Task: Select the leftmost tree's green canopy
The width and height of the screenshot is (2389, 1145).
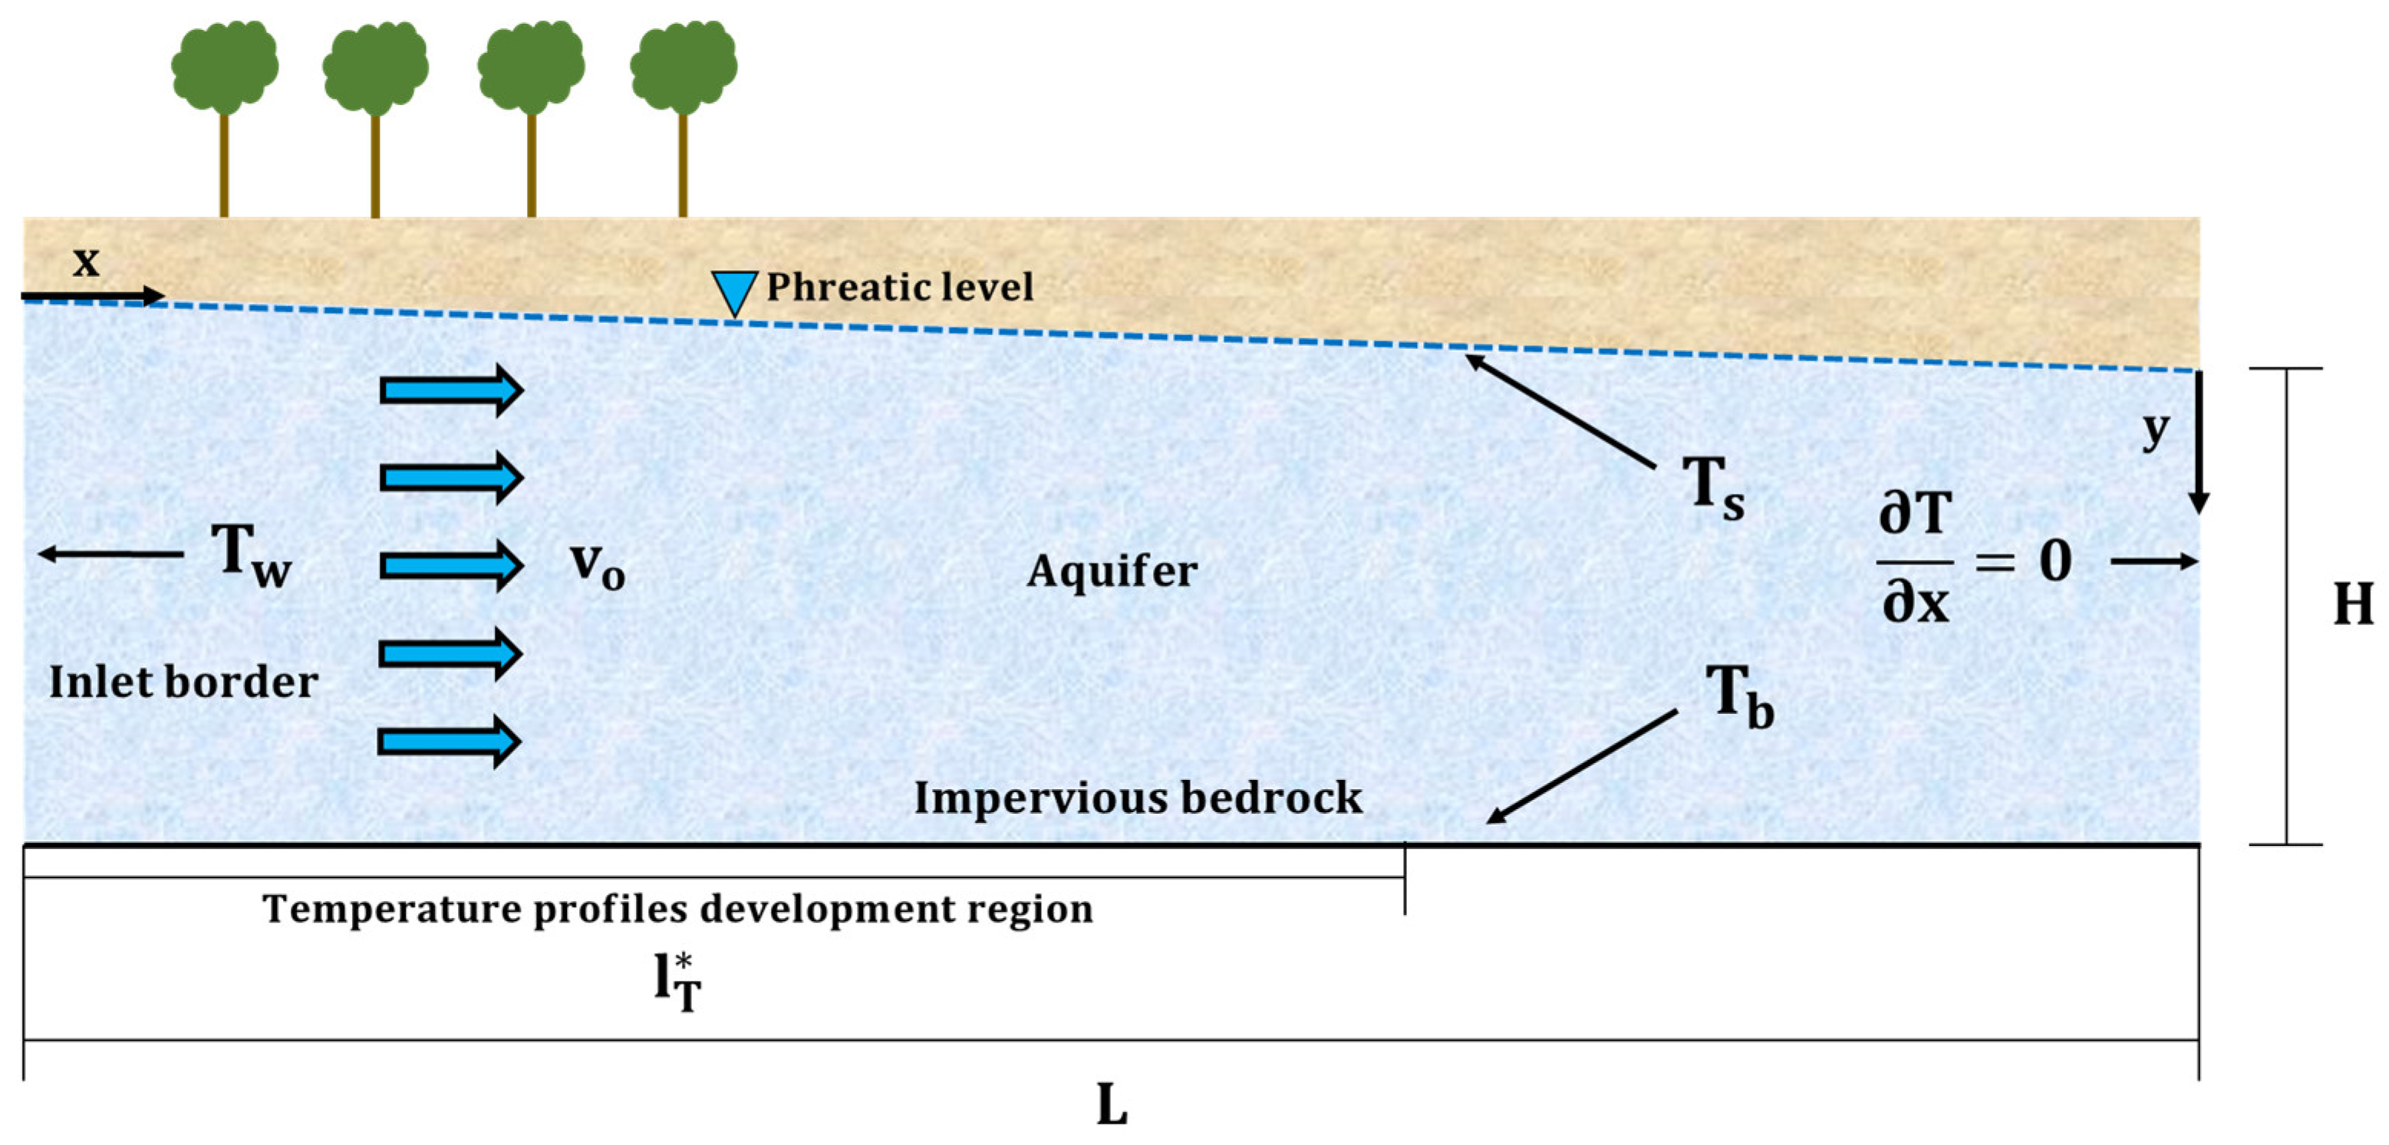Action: coord(225,66)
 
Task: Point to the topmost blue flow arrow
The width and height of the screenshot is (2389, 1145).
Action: coord(452,390)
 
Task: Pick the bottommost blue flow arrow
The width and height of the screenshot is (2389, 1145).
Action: coord(450,741)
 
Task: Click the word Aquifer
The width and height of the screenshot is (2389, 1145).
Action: coord(1111,570)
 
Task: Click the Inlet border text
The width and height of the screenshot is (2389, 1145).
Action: coord(183,682)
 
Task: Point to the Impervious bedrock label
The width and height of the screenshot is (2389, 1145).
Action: coord(1138,798)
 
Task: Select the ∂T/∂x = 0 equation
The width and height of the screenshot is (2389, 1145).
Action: coord(1973,559)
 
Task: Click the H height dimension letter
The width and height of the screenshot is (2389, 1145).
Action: coord(2352,604)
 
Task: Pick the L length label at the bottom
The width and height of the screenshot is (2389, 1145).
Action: coord(1111,1104)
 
